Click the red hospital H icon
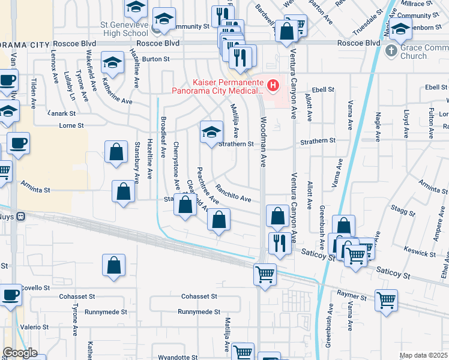[273, 86]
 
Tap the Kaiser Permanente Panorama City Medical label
[217, 87]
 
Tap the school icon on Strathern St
[211, 132]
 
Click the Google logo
[20, 353]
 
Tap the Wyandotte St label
[178, 357]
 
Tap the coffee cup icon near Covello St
[9, 296]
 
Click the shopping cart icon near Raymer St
[386, 299]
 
